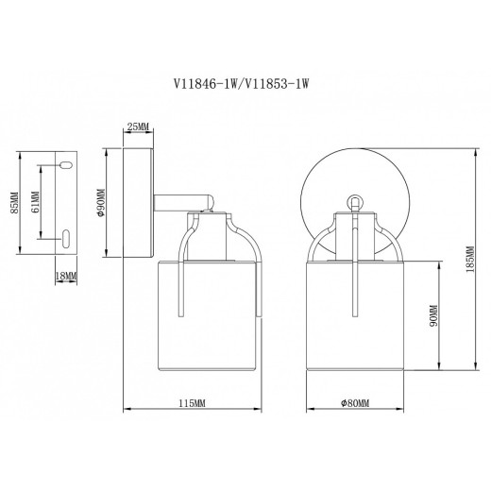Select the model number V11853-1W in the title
point(279,84)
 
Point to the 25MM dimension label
point(138,126)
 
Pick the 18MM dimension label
point(66,275)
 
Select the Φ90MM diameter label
point(100,202)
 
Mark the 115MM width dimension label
point(192,403)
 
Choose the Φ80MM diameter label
point(354,403)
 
